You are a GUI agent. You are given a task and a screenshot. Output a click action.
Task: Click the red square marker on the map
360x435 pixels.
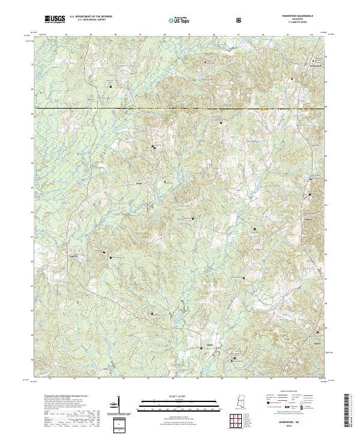pyautogui.click(x=292, y=79)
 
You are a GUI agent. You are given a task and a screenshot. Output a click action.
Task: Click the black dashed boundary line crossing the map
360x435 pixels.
pyautogui.click(x=180, y=109)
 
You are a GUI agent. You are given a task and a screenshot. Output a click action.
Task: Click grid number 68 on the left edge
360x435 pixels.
pyautogui.click(x=32, y=113)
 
